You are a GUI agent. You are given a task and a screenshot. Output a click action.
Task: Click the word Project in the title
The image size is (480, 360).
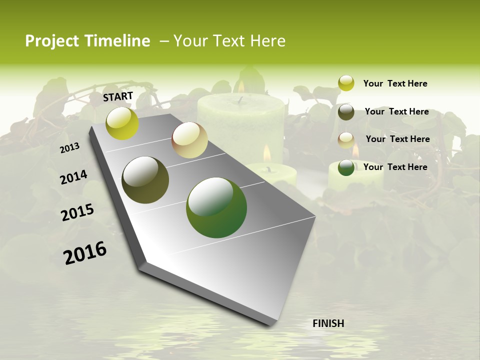point(52,41)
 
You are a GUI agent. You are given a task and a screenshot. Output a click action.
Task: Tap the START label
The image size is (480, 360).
point(118,96)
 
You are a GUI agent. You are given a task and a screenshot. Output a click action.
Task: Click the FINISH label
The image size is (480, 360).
point(328,323)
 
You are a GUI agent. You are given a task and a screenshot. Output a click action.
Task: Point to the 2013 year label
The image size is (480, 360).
point(69,148)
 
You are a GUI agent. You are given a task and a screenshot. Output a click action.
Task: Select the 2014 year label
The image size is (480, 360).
point(73,177)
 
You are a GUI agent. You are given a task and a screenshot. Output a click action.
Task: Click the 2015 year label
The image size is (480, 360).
point(77,212)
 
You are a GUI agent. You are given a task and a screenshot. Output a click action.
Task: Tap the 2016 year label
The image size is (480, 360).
point(85,253)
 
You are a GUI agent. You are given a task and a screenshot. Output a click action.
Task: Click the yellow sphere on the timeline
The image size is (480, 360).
point(122,123)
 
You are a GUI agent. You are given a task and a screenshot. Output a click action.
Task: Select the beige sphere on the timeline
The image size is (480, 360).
point(189,140)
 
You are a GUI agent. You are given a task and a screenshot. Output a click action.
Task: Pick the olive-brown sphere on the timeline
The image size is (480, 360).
point(145,180)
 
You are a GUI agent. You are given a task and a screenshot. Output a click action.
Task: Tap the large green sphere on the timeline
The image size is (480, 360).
point(216,207)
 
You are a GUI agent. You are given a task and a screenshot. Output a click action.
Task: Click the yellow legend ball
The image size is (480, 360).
point(346,83)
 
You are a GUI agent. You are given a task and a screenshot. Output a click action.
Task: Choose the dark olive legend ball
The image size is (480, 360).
point(346,111)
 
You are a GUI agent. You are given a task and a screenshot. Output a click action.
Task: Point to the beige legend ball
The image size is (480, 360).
point(346,140)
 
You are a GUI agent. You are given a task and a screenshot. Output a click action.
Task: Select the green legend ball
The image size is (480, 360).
point(346,167)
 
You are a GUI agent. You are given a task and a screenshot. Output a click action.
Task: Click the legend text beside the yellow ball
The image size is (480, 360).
point(395,83)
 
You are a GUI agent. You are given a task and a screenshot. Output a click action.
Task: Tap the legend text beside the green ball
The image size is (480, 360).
point(395,167)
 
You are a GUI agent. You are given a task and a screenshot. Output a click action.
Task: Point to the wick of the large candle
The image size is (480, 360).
point(241,100)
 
